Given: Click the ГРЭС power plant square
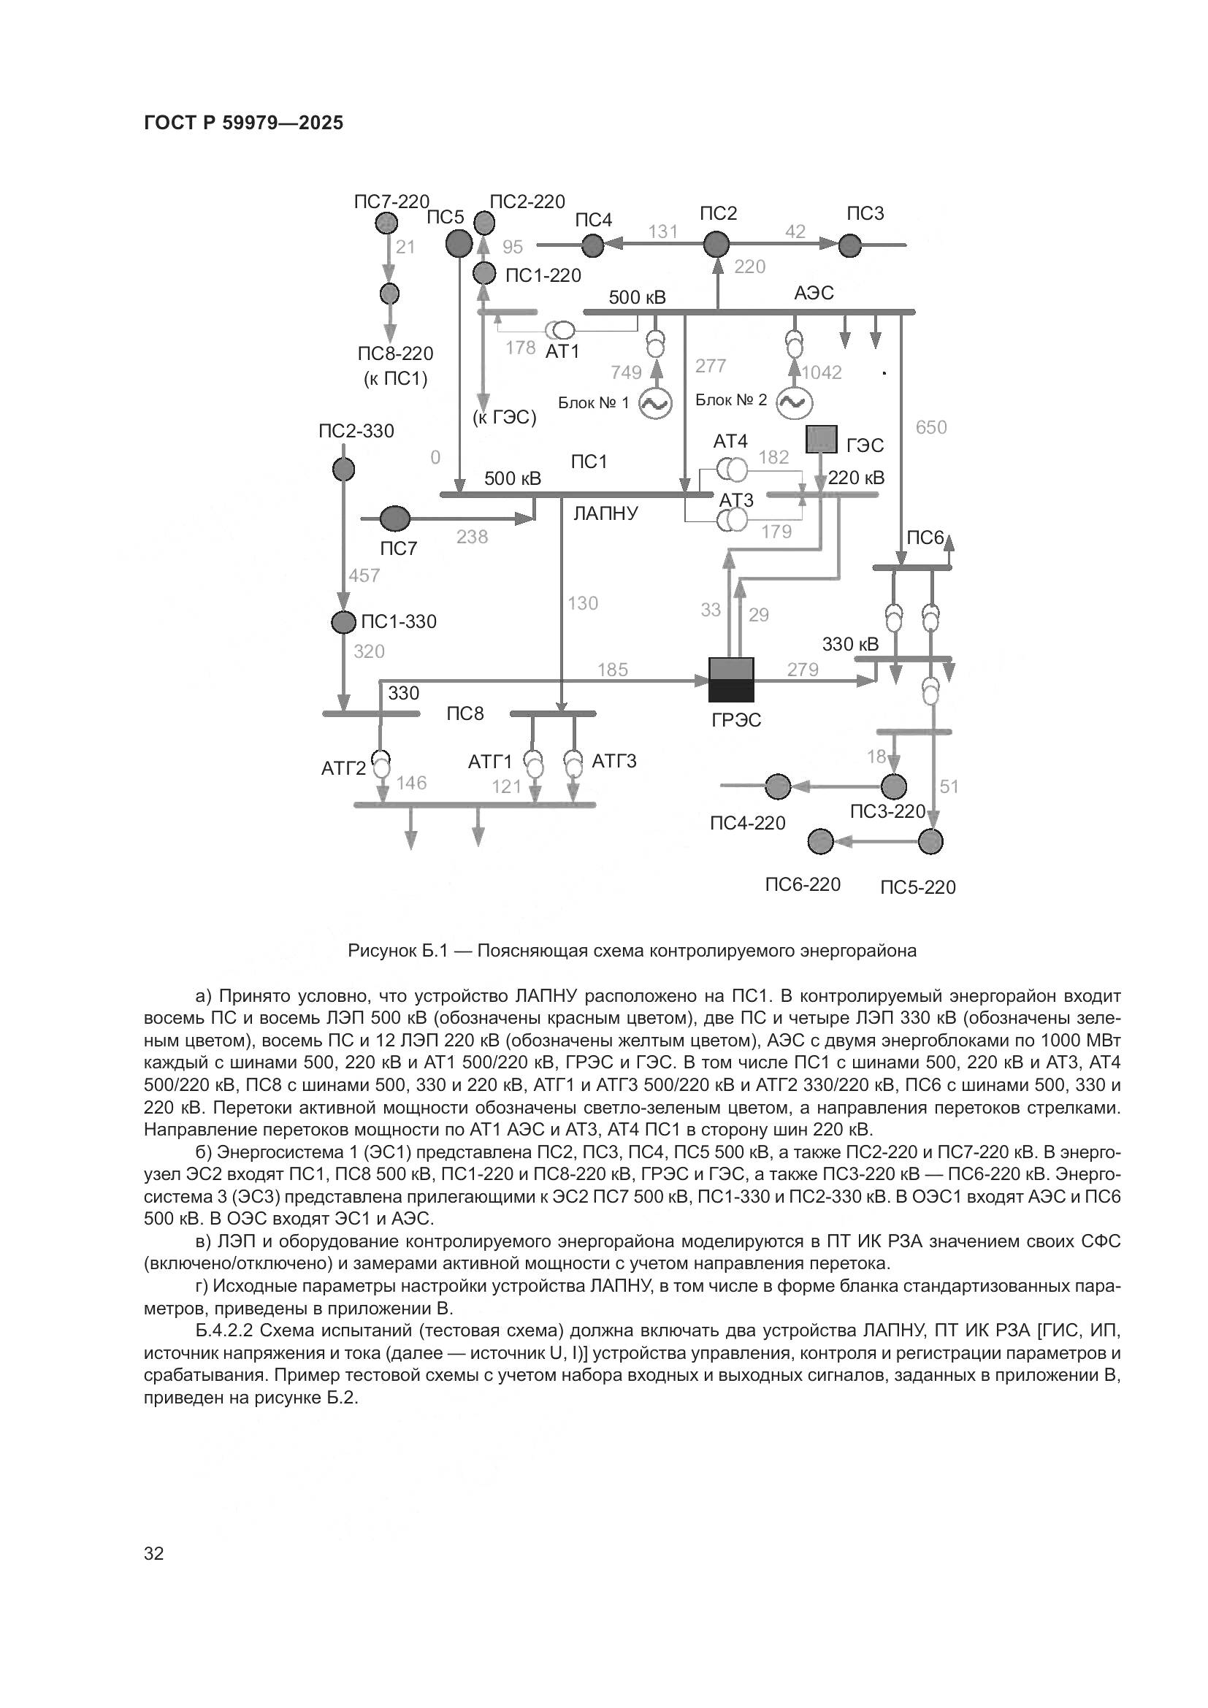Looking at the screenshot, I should pos(730,679).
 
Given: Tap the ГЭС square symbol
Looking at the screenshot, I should pos(821,440).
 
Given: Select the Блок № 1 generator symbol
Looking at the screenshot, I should pos(656,404).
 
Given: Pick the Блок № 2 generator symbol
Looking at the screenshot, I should pos(794,402).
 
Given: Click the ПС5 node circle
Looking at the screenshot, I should pos(459,242).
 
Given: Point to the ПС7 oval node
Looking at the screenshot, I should pos(395,518).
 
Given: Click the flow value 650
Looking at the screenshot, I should pos(930,427).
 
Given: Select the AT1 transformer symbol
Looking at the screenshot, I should pos(559,329).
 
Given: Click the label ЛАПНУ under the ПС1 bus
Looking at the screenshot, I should pos(605,513).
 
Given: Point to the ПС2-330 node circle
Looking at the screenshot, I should pos(343,470).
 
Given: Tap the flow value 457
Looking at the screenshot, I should pos(364,575).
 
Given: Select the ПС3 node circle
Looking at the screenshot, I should pos(850,245).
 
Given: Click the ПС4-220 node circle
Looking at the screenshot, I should pos(778,786).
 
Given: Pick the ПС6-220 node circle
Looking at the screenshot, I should pos(820,841).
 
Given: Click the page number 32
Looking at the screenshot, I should pos(154,1553).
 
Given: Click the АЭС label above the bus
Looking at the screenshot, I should pos(814,293).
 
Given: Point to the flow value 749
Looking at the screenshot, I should pos(626,372).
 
